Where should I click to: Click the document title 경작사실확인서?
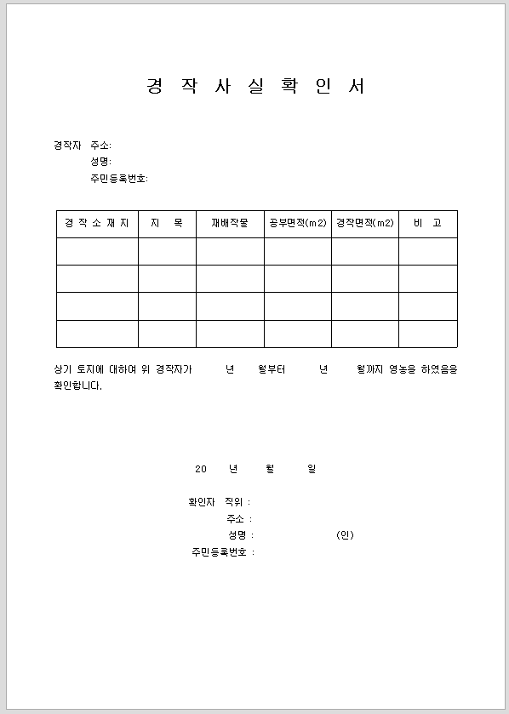click(255, 87)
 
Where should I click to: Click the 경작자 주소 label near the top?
click(83, 146)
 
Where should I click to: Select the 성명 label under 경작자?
click(100, 162)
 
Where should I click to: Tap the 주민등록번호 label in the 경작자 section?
click(119, 179)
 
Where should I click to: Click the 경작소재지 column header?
click(97, 224)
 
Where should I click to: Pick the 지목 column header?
click(167, 224)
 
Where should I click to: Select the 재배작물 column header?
click(230, 224)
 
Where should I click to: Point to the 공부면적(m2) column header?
click(297, 224)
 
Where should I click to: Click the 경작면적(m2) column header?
click(364, 224)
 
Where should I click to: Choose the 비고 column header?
click(427, 224)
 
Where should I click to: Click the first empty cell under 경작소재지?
click(97, 251)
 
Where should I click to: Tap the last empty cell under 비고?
click(427, 334)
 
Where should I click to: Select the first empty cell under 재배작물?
click(230, 251)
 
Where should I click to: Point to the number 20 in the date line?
click(201, 469)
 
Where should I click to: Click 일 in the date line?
click(312, 469)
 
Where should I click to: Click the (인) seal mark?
click(345, 535)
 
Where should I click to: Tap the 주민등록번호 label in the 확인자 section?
click(222, 552)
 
